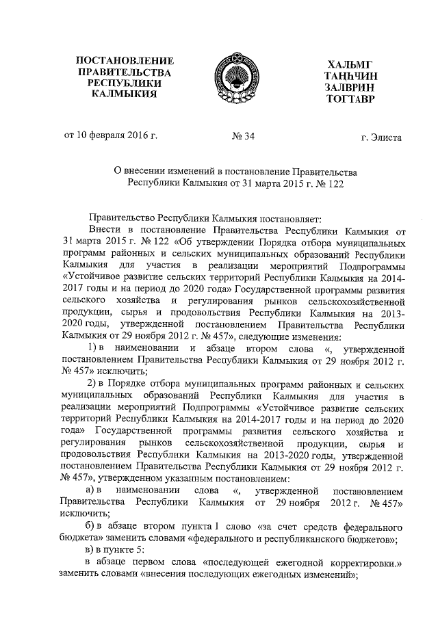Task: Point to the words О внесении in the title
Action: point(140,170)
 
